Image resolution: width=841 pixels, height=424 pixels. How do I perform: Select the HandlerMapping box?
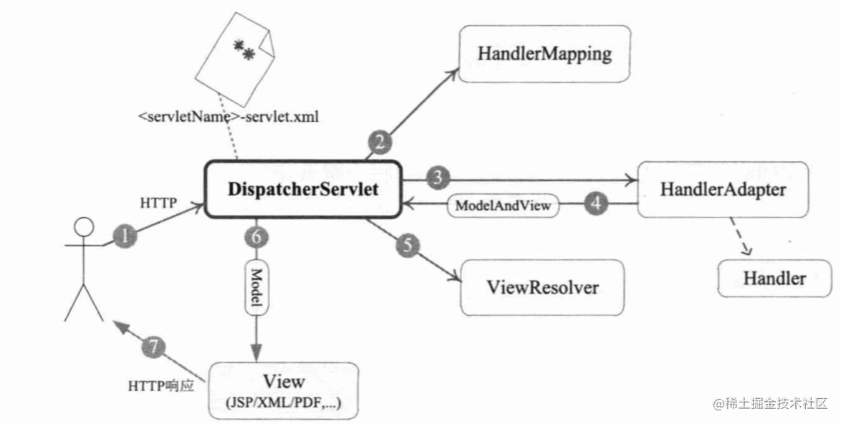[545, 54]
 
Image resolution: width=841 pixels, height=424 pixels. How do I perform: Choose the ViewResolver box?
[542, 288]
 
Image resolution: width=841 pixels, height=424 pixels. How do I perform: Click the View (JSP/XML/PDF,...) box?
[284, 390]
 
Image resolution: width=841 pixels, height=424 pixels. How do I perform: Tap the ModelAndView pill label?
[502, 206]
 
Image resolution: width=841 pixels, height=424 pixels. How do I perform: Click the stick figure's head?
[85, 228]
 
